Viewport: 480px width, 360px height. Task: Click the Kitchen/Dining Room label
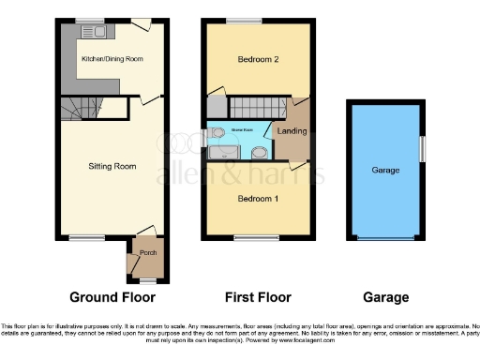click(112, 59)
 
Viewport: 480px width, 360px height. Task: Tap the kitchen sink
click(99, 31)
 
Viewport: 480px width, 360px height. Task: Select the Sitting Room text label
click(112, 166)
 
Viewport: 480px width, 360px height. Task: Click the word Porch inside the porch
click(147, 254)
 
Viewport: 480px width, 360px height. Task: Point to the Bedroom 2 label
click(259, 59)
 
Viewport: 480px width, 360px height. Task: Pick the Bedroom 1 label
click(258, 199)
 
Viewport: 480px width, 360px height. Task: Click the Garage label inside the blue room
click(385, 171)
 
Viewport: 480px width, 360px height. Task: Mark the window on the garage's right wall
click(422, 147)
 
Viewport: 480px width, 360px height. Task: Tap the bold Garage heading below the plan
click(385, 297)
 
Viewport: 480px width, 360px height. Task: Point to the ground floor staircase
click(81, 109)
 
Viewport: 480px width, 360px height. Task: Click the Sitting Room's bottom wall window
click(82, 237)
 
